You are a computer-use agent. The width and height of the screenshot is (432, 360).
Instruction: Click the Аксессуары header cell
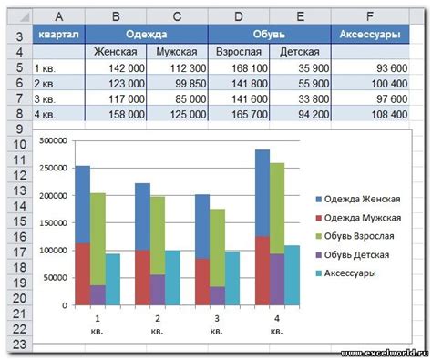(x=369, y=35)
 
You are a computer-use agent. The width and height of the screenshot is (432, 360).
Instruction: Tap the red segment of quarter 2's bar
(x=142, y=277)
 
